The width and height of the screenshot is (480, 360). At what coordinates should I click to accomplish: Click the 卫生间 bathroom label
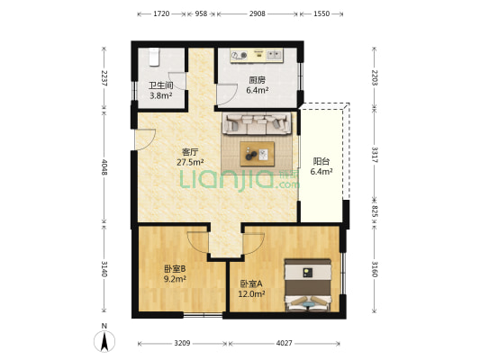(x=160, y=85)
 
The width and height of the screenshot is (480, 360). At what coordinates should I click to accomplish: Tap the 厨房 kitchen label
(x=258, y=80)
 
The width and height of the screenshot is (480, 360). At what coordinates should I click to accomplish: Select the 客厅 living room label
(x=190, y=152)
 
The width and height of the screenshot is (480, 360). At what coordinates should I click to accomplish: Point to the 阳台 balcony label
(x=321, y=161)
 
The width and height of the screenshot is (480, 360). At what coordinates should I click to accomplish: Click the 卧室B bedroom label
(x=175, y=268)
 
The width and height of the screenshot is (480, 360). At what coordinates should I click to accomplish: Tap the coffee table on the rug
(x=259, y=153)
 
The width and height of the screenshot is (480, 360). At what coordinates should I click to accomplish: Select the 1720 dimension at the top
(x=161, y=15)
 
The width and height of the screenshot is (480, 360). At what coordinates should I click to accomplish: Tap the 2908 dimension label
(x=257, y=15)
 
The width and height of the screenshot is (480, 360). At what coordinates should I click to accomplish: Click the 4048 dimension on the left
(x=104, y=167)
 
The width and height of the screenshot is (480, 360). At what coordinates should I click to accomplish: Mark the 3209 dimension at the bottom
(x=182, y=343)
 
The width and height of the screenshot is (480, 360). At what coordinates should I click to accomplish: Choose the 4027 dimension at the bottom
(x=285, y=343)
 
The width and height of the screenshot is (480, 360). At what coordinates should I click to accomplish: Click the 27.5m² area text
(x=190, y=163)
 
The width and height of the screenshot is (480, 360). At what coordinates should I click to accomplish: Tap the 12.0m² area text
(x=251, y=293)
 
